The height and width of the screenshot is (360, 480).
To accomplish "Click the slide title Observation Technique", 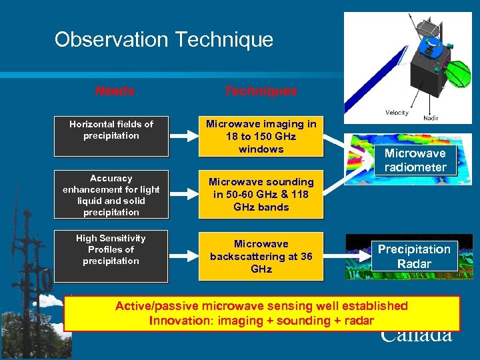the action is (x=163, y=39).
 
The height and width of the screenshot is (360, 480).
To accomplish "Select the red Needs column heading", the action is (x=115, y=91).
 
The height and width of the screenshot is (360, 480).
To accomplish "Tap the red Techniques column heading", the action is (x=261, y=91).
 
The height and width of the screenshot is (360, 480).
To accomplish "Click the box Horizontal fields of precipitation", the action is (x=111, y=130).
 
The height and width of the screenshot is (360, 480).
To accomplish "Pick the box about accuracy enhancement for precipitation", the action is (x=111, y=195).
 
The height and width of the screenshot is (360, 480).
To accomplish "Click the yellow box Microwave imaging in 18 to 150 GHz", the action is (x=261, y=136).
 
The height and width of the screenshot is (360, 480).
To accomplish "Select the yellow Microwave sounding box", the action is (x=261, y=195).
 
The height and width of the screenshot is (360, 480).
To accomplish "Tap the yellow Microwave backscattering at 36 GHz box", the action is (x=261, y=256).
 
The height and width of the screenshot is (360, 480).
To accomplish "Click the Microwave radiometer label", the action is (x=415, y=160).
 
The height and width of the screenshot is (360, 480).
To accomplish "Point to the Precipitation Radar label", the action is (x=415, y=256).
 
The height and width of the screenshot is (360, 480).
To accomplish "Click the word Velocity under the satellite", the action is (x=397, y=113).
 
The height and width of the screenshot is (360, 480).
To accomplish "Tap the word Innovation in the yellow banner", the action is (x=177, y=321).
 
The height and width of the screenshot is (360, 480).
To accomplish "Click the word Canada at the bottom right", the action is (x=416, y=335).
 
